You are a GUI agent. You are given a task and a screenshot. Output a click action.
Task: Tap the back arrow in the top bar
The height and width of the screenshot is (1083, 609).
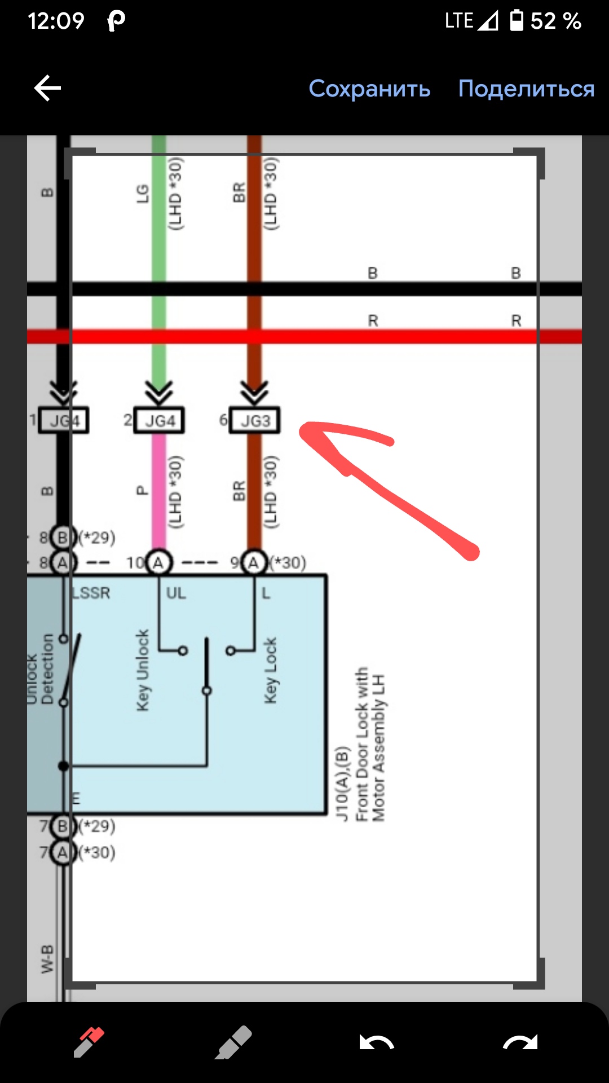[47, 89]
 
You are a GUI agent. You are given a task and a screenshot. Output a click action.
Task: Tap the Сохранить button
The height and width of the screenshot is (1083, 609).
[369, 89]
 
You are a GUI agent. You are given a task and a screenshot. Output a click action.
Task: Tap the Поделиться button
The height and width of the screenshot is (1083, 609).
[526, 89]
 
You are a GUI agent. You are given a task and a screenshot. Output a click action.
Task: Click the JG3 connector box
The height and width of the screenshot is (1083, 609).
[254, 420]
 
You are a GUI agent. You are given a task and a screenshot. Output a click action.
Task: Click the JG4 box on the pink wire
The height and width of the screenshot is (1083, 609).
[159, 420]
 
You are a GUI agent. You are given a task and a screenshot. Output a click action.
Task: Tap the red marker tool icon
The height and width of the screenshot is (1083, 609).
[89, 1041]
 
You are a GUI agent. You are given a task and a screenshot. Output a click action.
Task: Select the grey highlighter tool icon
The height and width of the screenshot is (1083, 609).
[233, 1041]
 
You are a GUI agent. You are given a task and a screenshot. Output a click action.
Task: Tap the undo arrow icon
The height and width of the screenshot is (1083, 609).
[377, 1042]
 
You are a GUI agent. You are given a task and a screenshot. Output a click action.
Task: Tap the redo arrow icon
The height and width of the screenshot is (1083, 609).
[520, 1042]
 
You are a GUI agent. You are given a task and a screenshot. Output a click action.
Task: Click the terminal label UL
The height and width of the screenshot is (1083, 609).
[176, 593]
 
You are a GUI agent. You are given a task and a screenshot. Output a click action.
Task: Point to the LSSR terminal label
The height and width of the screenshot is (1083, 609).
[91, 593]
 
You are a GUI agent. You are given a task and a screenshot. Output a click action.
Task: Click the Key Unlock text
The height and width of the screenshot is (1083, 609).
[143, 670]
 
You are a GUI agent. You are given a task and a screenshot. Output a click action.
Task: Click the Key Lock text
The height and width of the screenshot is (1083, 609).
[271, 670]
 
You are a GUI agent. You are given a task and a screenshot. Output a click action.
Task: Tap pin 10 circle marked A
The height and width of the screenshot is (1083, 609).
[158, 562]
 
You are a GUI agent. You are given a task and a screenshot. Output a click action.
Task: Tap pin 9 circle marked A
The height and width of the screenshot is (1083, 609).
[254, 562]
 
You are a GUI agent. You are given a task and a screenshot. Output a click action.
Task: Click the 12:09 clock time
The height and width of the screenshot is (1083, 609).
[56, 21]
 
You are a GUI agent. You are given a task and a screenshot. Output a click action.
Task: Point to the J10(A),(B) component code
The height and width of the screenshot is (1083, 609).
[342, 784]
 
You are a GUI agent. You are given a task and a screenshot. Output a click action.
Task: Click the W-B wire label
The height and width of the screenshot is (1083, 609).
[47, 959]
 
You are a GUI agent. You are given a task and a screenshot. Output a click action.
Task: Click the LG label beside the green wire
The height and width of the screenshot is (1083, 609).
[143, 193]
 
